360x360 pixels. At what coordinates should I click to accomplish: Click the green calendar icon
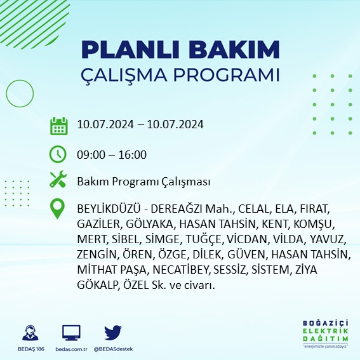click(58, 125)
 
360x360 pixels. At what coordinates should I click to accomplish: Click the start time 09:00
click(90, 154)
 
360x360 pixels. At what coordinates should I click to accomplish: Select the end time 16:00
click(133, 154)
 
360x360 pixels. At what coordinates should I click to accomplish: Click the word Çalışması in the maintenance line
click(187, 182)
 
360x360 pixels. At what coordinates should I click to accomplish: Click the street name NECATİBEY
click(165, 270)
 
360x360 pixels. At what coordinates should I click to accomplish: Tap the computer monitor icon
click(71, 332)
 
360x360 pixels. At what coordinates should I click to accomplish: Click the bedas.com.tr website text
click(71, 349)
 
